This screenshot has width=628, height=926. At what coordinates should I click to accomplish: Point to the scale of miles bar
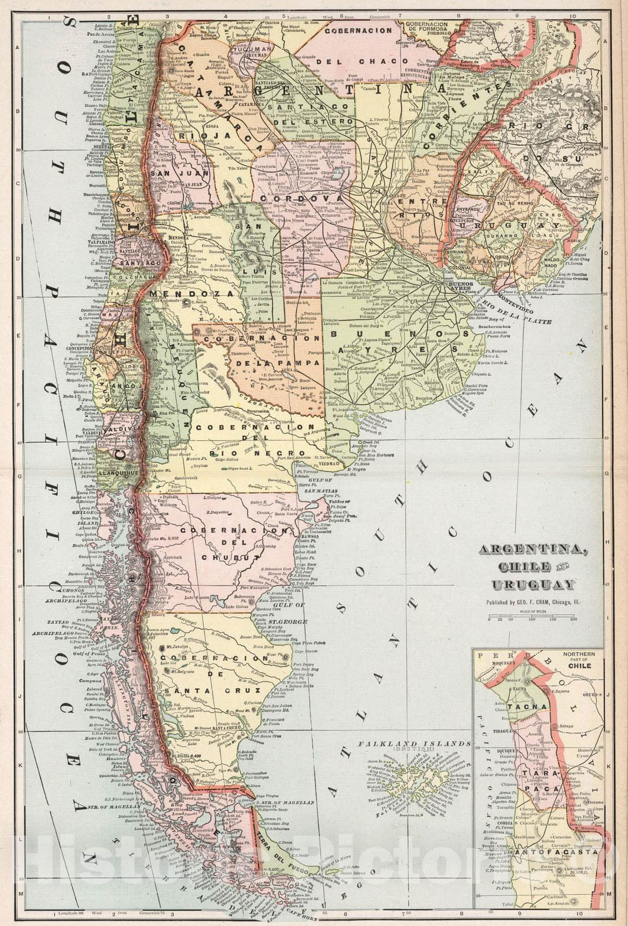[x=532, y=618]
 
